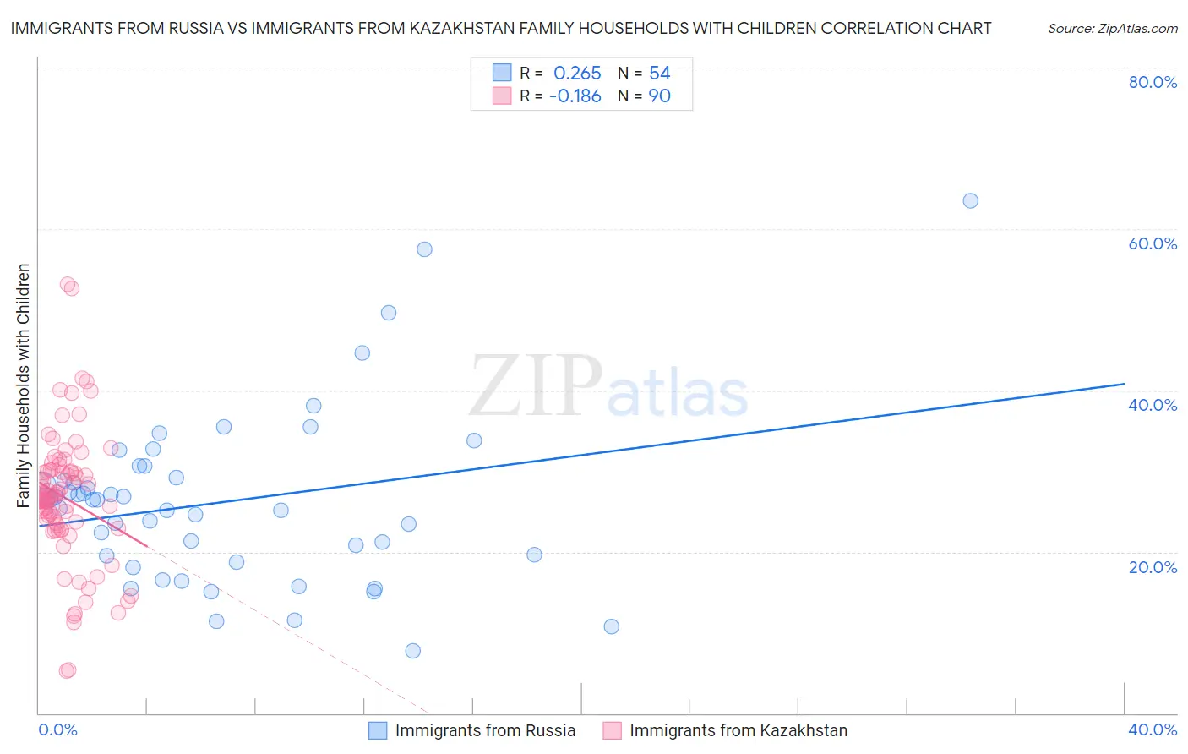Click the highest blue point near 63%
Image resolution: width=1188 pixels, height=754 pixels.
(970, 201)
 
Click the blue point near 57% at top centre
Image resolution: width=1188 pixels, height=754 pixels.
(424, 249)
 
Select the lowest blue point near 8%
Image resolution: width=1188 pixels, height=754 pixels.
(412, 651)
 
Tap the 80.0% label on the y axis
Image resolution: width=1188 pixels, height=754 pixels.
(1153, 82)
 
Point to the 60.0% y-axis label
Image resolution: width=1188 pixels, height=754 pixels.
(1153, 243)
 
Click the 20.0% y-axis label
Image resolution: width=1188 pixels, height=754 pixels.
(1153, 567)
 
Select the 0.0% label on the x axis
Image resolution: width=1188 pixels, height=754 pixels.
(57, 729)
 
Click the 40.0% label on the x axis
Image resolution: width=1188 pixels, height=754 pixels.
(1153, 729)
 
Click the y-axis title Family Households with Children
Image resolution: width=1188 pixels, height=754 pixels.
(24, 385)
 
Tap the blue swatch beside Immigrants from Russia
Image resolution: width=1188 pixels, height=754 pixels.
(378, 730)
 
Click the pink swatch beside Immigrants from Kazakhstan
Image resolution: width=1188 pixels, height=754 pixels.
(612, 730)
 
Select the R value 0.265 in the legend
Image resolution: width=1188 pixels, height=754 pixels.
(577, 74)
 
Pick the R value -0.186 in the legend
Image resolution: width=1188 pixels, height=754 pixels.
(575, 96)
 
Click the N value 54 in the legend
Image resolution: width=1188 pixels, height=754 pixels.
(659, 74)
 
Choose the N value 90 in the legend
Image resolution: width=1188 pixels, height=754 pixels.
(659, 96)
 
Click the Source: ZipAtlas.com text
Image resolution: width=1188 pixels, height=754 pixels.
(1112, 29)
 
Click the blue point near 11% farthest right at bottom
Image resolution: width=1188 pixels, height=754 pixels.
(611, 626)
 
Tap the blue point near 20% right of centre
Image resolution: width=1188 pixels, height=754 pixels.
(534, 555)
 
